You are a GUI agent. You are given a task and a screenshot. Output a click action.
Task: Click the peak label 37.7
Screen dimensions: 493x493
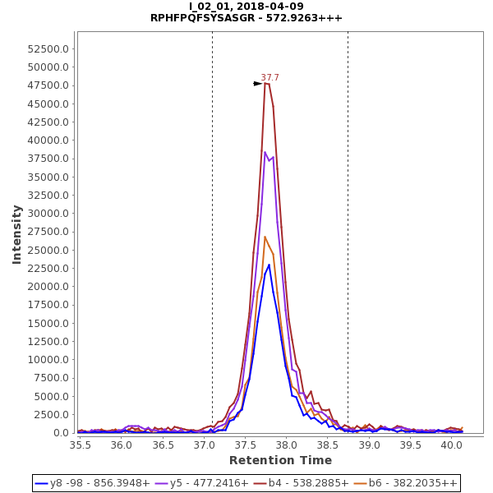point(270,78)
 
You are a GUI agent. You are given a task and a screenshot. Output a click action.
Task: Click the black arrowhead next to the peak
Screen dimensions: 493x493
point(257,84)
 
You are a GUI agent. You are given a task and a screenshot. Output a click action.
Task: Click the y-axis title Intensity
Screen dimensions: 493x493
point(16,234)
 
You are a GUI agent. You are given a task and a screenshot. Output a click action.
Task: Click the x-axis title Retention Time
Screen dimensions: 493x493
point(280,460)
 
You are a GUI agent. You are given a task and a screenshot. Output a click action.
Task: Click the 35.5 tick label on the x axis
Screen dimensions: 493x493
point(80,445)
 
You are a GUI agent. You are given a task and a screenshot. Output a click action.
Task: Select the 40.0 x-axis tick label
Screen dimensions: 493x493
point(452,445)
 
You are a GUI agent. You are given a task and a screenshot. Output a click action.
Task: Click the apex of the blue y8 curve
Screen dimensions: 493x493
point(269,265)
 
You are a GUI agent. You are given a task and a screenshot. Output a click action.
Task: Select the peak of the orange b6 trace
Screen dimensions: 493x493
point(265,237)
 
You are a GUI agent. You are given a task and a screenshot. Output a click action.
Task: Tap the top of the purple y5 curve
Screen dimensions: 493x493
point(265,152)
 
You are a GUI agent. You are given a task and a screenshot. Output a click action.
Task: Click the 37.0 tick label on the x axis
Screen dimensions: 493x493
point(204,445)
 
